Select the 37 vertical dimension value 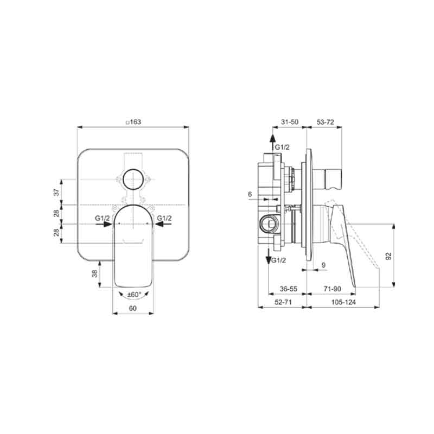pos(56,192)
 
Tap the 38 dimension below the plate pos(95,273)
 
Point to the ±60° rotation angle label pos(134,295)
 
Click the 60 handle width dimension pos(133,308)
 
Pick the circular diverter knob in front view pos(133,179)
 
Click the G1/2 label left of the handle pos(103,218)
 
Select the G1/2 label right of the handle pos(164,218)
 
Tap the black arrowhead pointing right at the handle pos(107,224)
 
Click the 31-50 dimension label pos(290,122)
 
